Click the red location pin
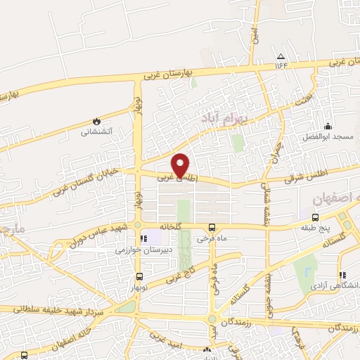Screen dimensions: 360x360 click(181, 165)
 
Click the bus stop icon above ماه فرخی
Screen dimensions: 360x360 click(212, 227)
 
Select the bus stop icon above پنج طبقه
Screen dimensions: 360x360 click(316, 217)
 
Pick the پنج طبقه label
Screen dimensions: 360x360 click(316, 228)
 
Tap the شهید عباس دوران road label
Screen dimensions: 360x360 click(98, 237)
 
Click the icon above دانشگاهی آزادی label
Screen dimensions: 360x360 click(342, 275)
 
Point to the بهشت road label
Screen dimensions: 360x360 click(303, 102)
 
